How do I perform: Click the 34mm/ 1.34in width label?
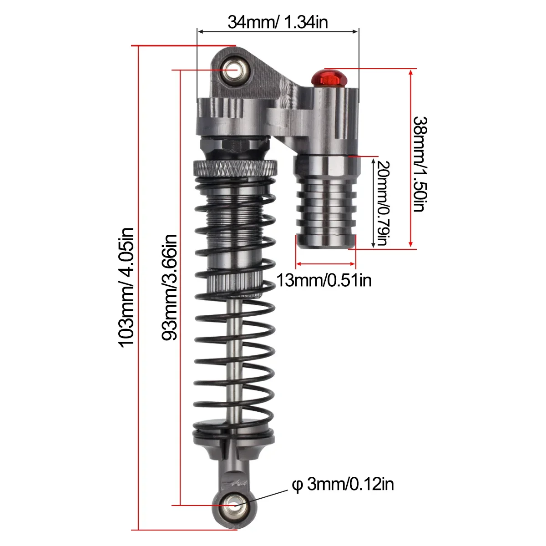click(278, 21)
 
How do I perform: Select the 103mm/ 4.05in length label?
click(126, 287)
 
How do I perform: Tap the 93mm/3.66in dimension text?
click(169, 288)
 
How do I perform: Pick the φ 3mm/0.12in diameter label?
click(342, 484)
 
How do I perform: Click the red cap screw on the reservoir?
click(328, 78)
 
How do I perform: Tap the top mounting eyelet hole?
click(236, 71)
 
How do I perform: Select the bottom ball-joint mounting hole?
click(235, 505)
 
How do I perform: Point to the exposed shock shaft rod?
click(235, 355)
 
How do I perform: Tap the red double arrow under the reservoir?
click(325, 263)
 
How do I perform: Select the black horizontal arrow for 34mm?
click(278, 31)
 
